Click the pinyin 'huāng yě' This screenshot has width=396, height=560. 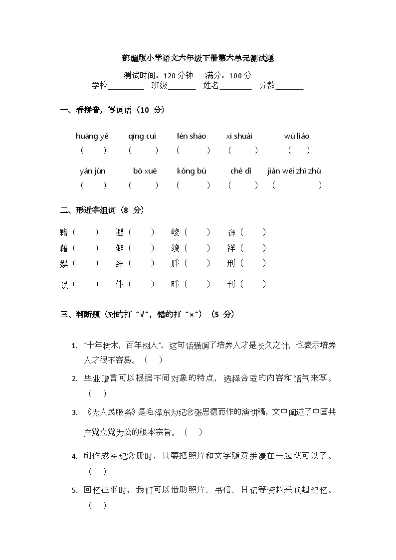[x=92, y=136]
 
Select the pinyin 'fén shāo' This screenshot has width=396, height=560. [x=192, y=136]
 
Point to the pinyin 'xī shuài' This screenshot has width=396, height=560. [x=239, y=136]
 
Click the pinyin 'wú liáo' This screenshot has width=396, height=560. [x=297, y=136]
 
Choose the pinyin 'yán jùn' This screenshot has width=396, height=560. [x=93, y=171]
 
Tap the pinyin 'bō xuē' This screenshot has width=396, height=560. [x=145, y=171]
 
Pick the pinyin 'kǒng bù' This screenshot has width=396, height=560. [x=192, y=171]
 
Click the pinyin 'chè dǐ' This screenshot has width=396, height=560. [x=241, y=171]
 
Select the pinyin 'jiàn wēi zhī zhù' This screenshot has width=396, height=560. [x=294, y=171]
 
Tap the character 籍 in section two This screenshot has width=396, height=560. [x=64, y=232]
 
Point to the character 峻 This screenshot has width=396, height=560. [x=175, y=232]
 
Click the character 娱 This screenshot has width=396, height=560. [x=64, y=264]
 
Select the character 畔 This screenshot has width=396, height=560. [x=175, y=284]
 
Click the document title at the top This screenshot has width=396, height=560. [x=198, y=58]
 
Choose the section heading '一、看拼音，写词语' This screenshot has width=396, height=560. [x=112, y=110]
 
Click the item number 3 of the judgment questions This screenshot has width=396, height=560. [x=74, y=412]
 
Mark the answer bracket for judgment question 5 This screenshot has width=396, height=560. [x=97, y=505]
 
